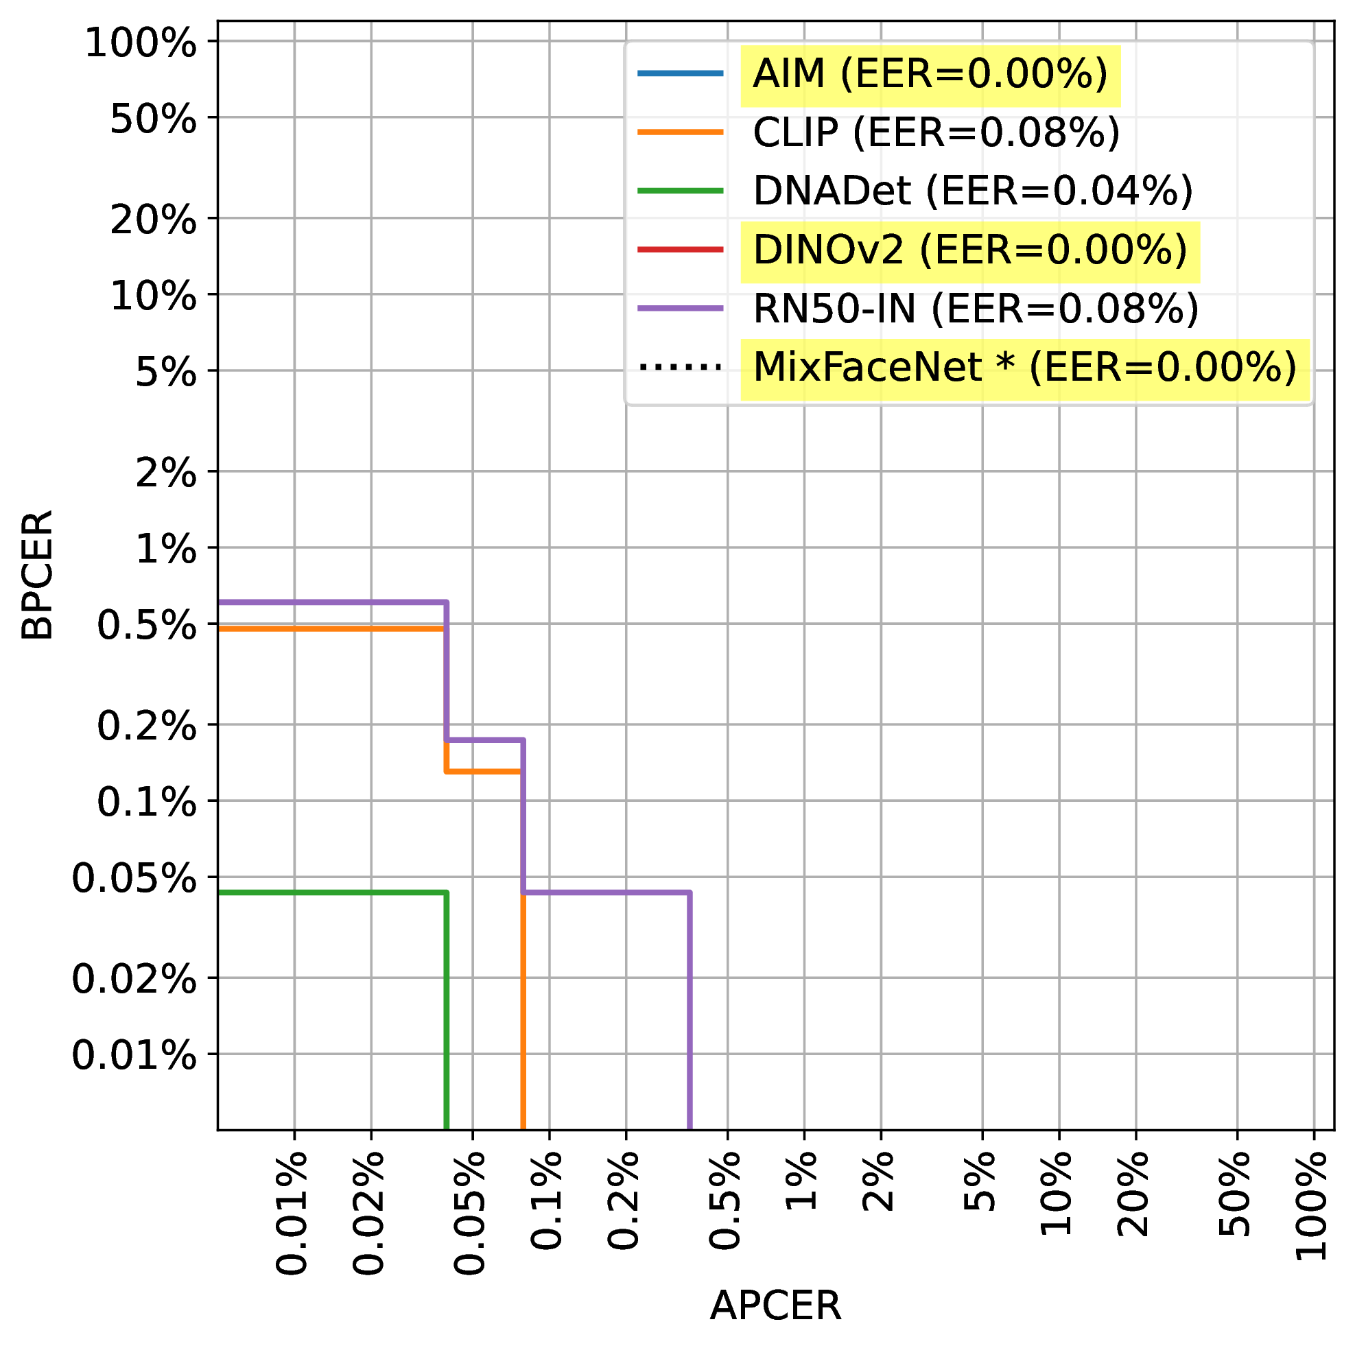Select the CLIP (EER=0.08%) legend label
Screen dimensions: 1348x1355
coord(936,133)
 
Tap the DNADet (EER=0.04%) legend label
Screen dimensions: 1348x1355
coord(972,191)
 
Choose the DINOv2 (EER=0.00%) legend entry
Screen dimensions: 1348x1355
coord(969,250)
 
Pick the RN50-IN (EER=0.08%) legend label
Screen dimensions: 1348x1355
coord(976,309)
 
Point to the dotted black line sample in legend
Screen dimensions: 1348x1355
coord(680,367)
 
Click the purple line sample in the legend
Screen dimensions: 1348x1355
coord(680,309)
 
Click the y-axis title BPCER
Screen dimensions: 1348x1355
coord(36,574)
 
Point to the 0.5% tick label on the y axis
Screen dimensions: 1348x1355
coord(146,626)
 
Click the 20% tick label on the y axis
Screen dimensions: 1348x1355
coord(153,222)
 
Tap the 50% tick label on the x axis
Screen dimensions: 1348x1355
coord(1236,1203)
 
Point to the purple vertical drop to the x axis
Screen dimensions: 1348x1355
coord(690,1010)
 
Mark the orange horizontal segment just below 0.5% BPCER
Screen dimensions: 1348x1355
coord(329,629)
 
